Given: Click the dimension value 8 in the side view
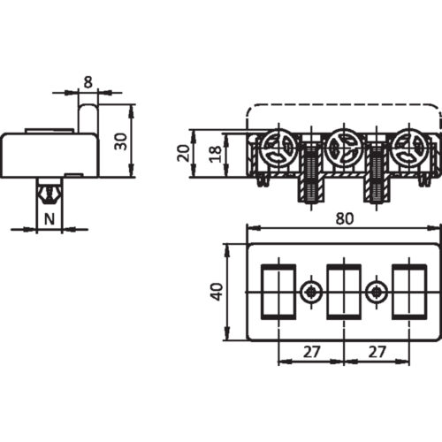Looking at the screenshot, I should [86, 80].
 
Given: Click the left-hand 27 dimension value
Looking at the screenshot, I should [310, 350].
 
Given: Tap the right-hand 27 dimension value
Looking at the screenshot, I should [377, 350].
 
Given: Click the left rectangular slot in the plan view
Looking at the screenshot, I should [280, 291].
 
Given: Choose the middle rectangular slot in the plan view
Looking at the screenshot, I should [344, 291].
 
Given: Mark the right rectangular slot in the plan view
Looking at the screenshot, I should [408, 291].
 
